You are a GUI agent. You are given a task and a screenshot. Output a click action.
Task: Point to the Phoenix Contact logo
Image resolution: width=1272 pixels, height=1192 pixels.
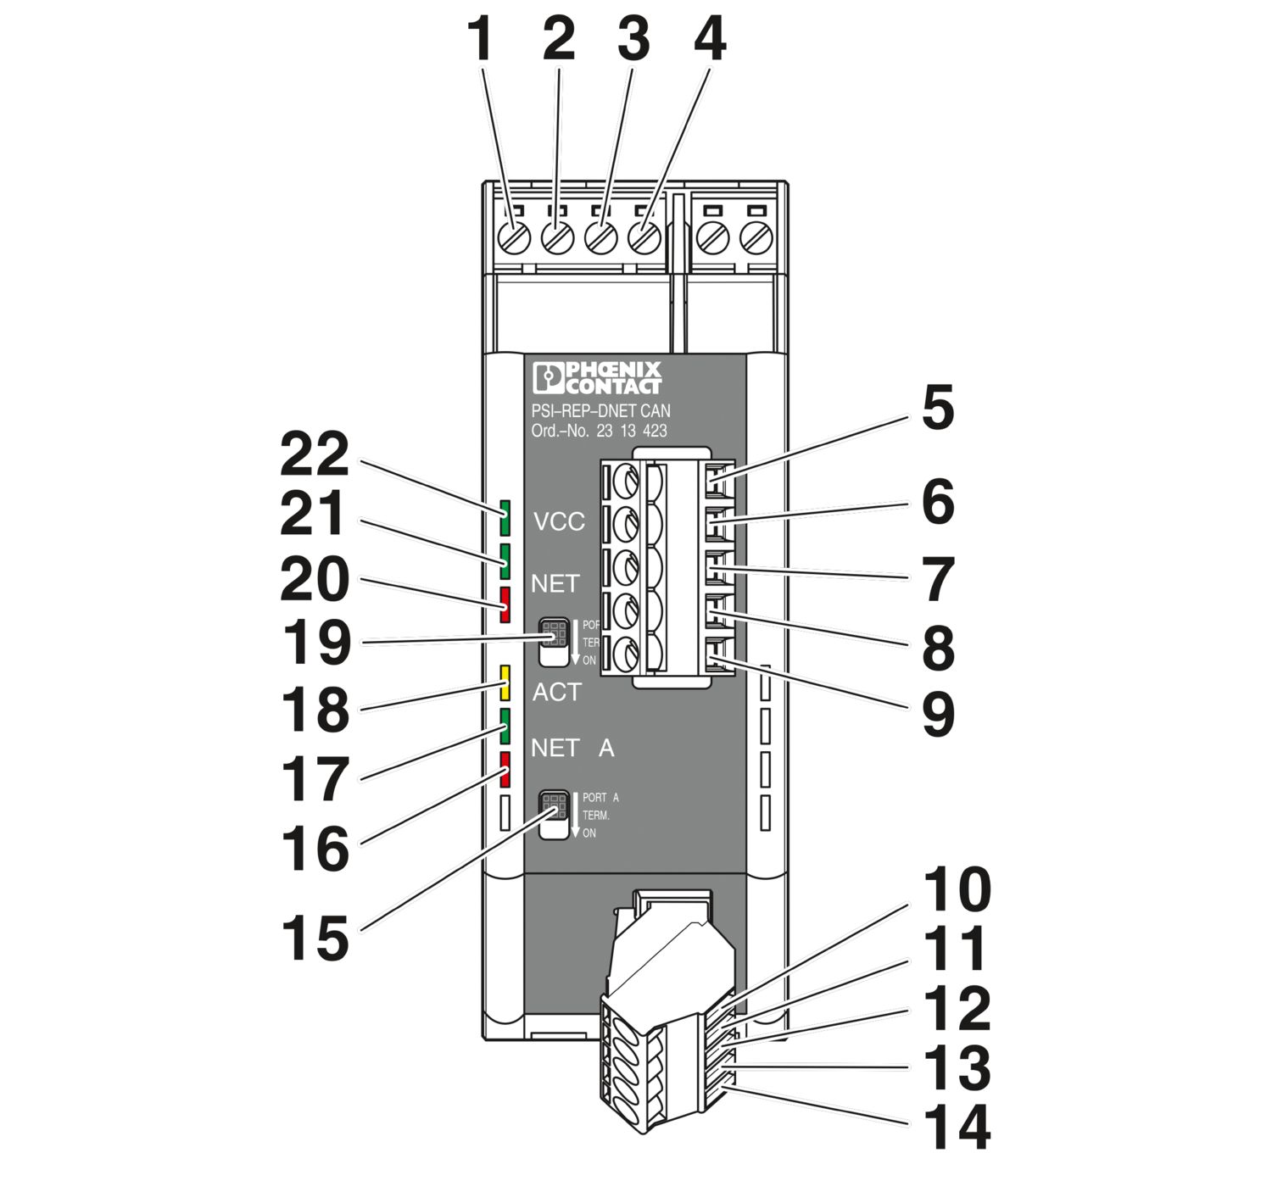coord(597,378)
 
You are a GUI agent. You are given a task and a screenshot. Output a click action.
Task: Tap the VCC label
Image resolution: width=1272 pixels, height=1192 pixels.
coord(559,521)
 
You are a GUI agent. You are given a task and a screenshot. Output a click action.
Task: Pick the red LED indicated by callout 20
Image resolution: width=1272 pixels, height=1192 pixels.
coord(505,604)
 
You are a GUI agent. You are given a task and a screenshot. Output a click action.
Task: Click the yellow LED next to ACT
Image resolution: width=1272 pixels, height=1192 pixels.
coord(505,682)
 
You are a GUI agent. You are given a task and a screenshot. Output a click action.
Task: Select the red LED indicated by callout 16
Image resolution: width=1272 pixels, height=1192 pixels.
coord(505,770)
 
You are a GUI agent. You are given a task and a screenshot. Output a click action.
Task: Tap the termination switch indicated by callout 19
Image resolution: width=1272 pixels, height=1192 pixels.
coord(555,642)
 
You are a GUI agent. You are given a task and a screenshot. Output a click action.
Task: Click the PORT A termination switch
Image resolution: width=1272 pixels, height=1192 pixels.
coord(555,814)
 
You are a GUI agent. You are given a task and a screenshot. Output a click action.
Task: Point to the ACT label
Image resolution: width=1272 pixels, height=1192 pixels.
coord(556,693)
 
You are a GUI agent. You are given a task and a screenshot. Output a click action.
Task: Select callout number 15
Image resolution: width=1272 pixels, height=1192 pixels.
coord(315,939)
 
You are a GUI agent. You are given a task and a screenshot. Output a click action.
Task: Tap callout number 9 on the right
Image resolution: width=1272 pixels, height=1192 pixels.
coord(938,714)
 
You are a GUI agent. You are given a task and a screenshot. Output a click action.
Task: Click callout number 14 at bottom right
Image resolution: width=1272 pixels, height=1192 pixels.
coord(956,1127)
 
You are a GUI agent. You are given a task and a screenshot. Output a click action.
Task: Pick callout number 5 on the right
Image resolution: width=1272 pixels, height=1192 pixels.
coord(938,409)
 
